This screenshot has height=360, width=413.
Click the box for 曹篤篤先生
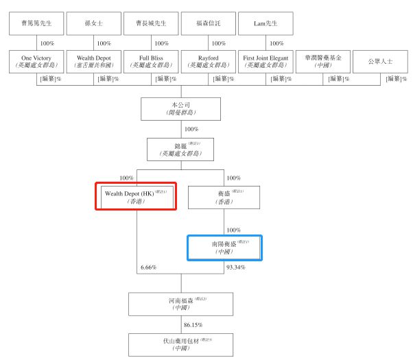(x=37, y=24)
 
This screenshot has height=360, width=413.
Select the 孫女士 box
(x=94, y=24)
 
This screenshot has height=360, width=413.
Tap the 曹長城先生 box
(x=152, y=24)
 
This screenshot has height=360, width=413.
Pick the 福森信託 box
(x=209, y=24)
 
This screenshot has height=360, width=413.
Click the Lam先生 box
(x=265, y=24)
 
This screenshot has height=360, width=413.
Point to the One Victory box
(x=37, y=62)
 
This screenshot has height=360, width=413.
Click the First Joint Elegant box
(x=265, y=62)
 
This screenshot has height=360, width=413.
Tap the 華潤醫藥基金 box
(x=323, y=62)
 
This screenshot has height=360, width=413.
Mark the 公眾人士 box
(x=379, y=62)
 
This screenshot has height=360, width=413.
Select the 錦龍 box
(x=180, y=149)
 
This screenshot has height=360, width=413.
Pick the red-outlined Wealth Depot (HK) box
(x=136, y=196)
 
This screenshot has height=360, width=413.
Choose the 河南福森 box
(x=180, y=304)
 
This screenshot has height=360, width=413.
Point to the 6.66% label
(x=148, y=267)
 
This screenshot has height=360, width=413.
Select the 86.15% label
(x=192, y=324)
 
